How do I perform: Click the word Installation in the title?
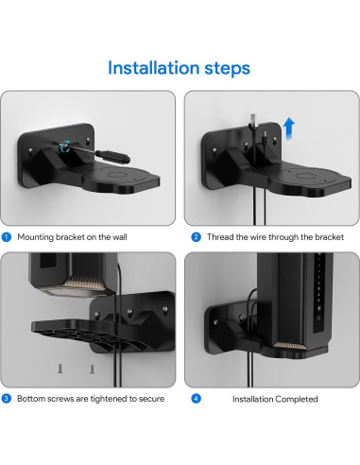pyautogui.click(x=151, y=68)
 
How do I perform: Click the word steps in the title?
pyautogui.click(x=226, y=68)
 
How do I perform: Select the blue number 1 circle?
pyautogui.click(x=7, y=236)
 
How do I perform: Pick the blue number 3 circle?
pyautogui.click(x=7, y=399)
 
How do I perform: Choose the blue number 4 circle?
pyautogui.click(x=196, y=399)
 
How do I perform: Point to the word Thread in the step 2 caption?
pyautogui.click(x=219, y=236)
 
